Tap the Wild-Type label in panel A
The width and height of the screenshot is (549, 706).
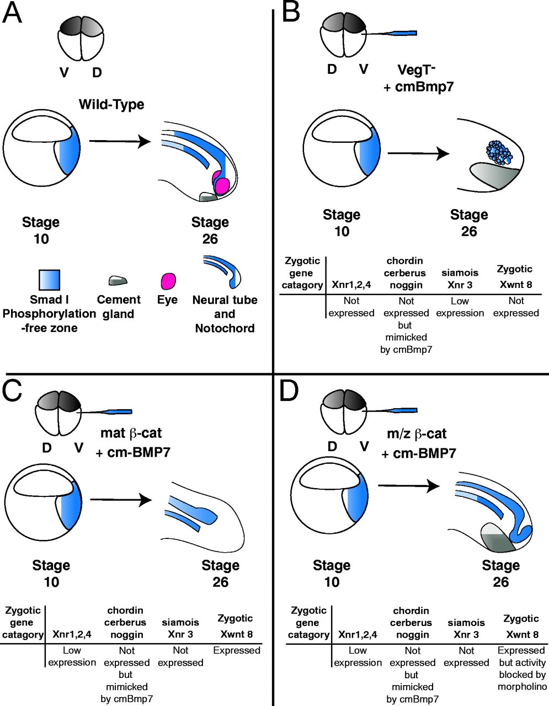[x=111, y=104]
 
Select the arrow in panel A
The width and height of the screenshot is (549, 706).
[x=120, y=141]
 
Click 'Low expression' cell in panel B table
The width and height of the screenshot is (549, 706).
[x=460, y=307]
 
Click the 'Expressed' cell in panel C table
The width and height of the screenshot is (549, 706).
[x=236, y=651]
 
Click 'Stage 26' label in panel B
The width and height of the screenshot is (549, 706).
[x=469, y=222]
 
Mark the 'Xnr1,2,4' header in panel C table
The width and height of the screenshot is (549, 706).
[x=72, y=635]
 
